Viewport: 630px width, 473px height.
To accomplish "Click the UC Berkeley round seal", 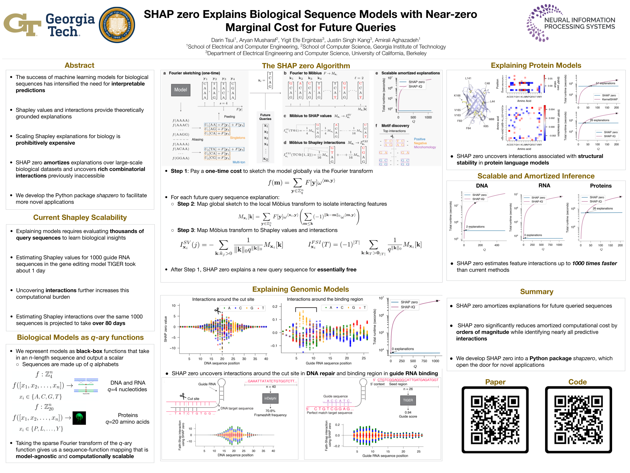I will point(117,25).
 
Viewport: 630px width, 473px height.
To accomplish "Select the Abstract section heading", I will point(79,65).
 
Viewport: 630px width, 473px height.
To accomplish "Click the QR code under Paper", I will point(495,420).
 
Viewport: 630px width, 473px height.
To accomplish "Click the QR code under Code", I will point(578,420).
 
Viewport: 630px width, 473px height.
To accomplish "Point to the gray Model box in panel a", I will point(181,90).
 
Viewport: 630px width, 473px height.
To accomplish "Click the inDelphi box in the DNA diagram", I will point(270,398).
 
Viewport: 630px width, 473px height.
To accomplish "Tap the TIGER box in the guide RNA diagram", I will point(408,400).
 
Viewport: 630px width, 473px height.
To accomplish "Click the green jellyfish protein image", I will point(79,418).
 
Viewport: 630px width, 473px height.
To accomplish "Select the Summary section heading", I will point(537,291).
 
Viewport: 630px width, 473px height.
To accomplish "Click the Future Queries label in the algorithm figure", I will point(265,117).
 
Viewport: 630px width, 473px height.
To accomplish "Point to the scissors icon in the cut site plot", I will point(217,310).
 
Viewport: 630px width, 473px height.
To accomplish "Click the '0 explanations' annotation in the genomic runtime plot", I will point(403,349).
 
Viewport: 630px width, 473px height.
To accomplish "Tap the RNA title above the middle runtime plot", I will point(544,186).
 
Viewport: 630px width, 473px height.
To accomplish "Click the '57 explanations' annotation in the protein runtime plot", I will point(605,83).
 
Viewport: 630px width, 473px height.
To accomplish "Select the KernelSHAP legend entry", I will point(610,99).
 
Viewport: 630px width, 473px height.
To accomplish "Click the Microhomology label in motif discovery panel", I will point(425,147).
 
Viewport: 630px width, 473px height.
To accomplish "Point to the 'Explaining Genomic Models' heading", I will point(300,289).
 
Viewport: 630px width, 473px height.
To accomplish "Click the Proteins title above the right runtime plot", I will point(601,186).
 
